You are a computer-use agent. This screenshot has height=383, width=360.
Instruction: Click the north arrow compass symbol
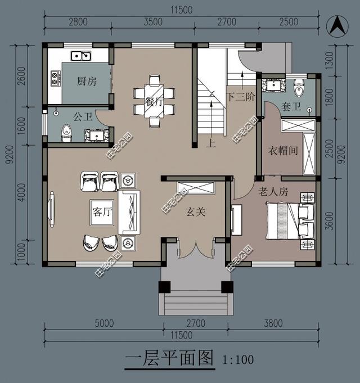tap(337, 26)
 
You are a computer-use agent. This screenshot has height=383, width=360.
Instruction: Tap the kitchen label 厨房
tap(87, 82)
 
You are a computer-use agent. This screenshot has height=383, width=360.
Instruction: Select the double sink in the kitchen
tap(81, 56)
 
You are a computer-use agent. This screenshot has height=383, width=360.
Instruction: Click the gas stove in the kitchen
tap(56, 78)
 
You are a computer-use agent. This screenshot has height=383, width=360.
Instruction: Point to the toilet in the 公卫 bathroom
tap(66, 133)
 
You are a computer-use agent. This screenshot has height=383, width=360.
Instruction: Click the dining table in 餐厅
tap(154, 101)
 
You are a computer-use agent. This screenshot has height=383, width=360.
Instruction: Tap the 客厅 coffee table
tap(102, 213)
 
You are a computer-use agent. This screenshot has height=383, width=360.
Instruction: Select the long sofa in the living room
tap(129, 212)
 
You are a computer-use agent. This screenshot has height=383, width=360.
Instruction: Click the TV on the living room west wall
tap(51, 210)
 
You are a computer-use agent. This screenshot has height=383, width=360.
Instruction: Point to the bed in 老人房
tap(290, 220)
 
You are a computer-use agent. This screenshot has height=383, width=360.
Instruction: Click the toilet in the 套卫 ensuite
tap(299, 88)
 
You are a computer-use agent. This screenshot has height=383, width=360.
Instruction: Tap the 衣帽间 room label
tap(283, 151)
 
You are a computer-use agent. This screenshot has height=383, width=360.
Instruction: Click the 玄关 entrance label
tap(196, 211)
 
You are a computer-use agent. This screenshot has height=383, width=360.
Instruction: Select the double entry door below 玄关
tap(196, 249)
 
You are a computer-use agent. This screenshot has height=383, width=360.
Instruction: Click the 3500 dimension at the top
tap(153, 22)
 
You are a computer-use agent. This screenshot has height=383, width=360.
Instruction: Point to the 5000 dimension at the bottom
tap(104, 323)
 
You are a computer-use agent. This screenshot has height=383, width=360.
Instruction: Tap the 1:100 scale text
tap(238, 359)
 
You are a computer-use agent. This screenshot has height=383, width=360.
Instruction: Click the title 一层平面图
tap(169, 358)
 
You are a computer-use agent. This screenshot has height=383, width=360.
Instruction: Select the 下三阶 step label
tap(241, 97)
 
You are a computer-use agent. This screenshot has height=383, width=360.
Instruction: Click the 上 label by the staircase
tap(211, 143)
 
